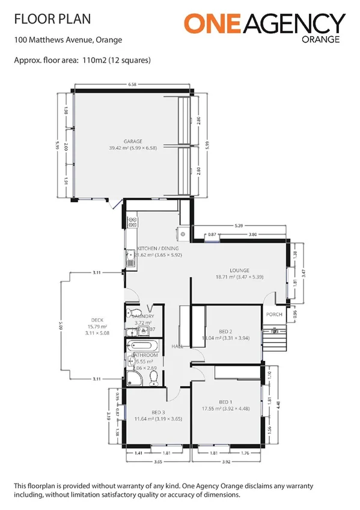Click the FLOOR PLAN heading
[x=52, y=19]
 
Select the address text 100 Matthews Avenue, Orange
[x=67, y=41]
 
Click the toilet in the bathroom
[x=153, y=377]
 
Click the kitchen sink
[x=130, y=257]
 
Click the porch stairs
[x=278, y=341]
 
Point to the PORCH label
[x=274, y=315]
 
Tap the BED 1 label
[x=225, y=402]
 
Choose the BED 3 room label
[x=158, y=412]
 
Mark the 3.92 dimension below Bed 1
[x=226, y=461]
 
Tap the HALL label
[x=177, y=346]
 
